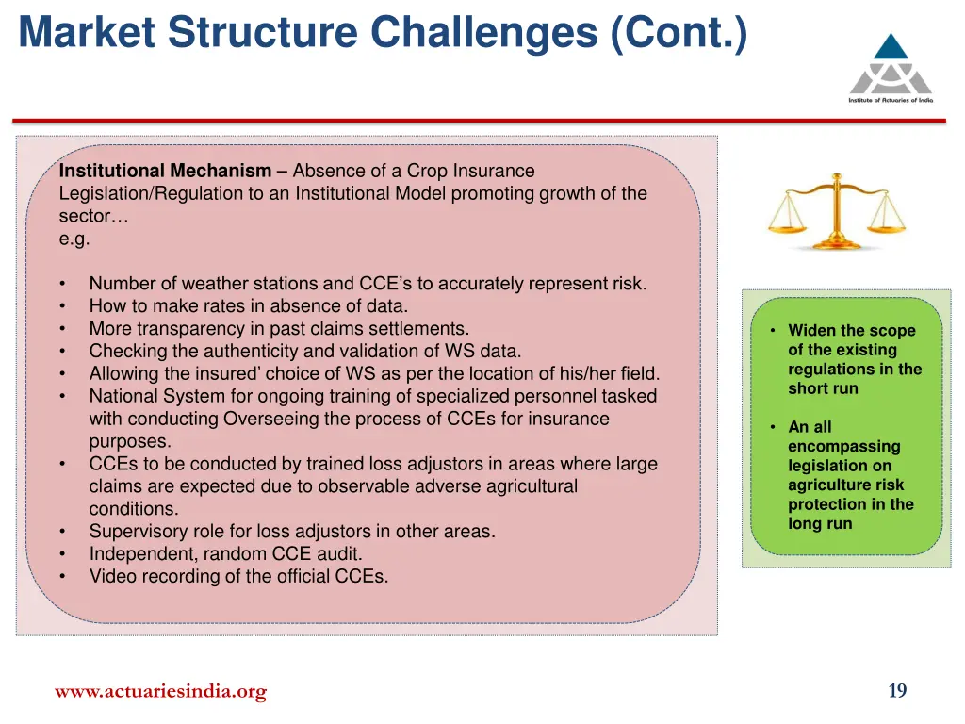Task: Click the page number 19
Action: coord(897,691)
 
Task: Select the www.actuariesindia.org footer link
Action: coord(160,692)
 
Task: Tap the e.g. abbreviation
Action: coord(74,239)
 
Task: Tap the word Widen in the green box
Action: coord(812,330)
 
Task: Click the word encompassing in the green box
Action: coord(843,446)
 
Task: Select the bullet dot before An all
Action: coord(772,427)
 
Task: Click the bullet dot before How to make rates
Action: coord(62,306)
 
